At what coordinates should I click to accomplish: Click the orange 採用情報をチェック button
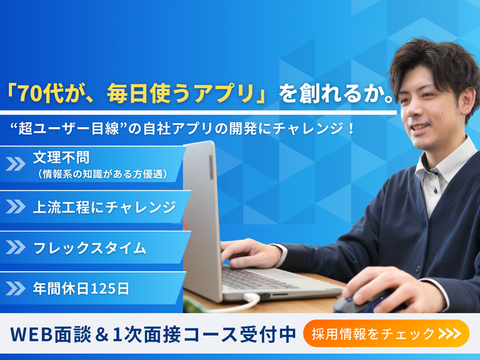386,334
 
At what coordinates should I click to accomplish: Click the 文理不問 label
61,158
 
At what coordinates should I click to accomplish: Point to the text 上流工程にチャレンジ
104,207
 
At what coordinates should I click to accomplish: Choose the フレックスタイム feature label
89,247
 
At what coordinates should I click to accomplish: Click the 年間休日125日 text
81,288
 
